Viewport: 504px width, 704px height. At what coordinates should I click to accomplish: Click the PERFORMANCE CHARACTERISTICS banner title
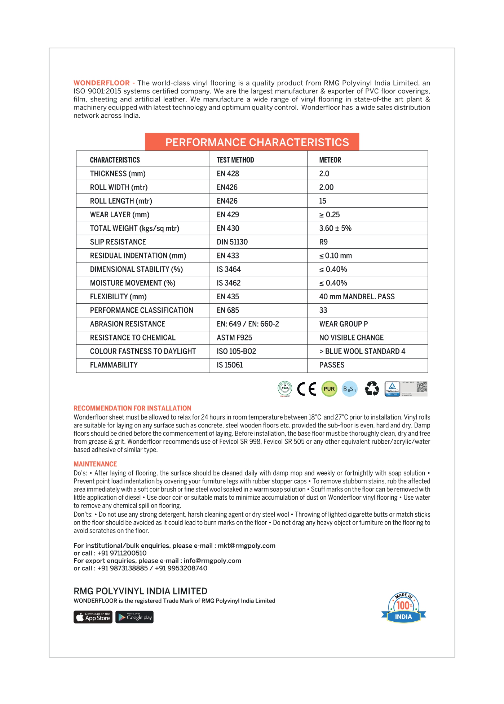[x=257, y=142]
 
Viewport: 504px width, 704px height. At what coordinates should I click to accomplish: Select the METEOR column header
[x=330, y=160]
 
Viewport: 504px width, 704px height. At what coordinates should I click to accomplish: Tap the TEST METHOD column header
[x=235, y=160]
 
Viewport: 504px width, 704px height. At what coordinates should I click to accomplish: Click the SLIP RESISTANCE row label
[x=118, y=242]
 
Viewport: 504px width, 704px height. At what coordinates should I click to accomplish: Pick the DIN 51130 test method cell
[x=232, y=242]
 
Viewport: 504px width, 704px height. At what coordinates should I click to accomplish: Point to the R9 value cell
[x=323, y=242]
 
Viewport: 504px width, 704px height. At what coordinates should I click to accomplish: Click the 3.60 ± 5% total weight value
[x=335, y=228]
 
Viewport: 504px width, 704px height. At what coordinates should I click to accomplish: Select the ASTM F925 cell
[x=234, y=338]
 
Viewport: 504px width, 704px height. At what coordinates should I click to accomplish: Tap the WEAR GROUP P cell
[x=344, y=324]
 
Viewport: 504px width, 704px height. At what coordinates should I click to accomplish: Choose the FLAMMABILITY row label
[x=114, y=365]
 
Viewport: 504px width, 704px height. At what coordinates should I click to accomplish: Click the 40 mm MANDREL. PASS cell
[x=357, y=297]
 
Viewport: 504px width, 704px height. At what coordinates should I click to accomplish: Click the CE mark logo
[x=306, y=389]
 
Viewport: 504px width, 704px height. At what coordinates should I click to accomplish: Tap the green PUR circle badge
[x=329, y=389]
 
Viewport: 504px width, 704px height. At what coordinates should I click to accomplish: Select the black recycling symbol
[x=372, y=389]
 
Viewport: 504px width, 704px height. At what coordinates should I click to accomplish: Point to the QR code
[x=421, y=387]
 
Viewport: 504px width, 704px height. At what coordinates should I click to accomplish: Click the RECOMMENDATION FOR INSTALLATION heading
[x=132, y=408]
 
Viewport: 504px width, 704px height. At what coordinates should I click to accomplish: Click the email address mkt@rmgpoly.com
[x=246, y=546]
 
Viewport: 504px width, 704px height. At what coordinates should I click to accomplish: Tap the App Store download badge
[x=93, y=617]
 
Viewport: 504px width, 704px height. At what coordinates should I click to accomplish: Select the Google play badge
[x=134, y=617]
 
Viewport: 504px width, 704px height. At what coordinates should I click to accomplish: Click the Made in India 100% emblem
[x=403, y=608]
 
